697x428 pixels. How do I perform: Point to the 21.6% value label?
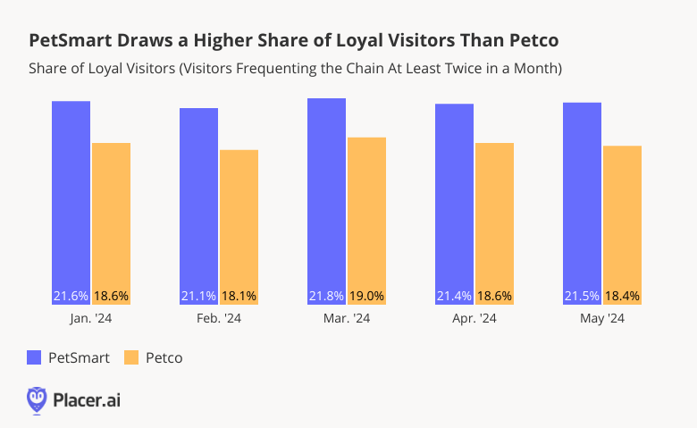[71, 296]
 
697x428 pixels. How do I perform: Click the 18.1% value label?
[239, 296]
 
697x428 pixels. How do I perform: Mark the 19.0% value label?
[366, 296]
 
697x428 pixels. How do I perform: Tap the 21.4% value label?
[454, 296]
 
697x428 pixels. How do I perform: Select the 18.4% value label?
[622, 296]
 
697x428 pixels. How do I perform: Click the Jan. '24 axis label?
[90, 318]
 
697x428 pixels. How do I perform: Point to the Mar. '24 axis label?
[346, 318]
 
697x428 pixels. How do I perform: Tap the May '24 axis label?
[601, 318]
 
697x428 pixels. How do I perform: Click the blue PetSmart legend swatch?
[35, 357]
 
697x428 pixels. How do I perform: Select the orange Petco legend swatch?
[131, 357]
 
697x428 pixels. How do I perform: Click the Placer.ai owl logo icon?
[37, 399]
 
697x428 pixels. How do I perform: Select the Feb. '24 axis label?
[218, 318]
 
